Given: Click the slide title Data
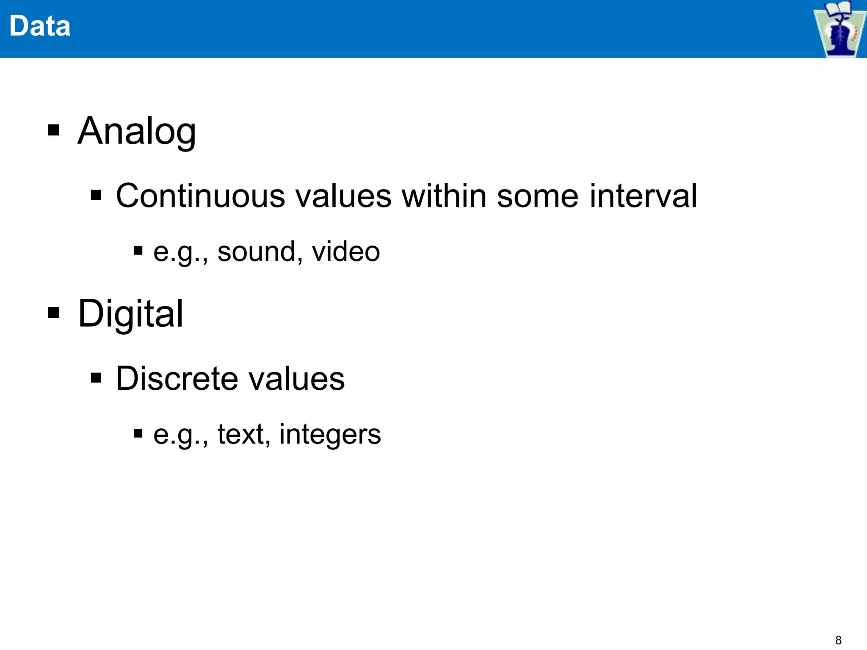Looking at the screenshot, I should point(40,26).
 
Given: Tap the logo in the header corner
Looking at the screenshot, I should point(839,29).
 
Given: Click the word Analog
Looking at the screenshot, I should point(137,131).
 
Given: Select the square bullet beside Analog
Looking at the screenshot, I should point(54,130).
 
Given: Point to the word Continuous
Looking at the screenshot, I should point(201,196).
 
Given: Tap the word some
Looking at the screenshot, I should point(537,196).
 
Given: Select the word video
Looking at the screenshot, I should point(346,252).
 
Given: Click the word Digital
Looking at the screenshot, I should point(131,314).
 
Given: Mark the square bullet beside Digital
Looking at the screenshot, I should point(54,313).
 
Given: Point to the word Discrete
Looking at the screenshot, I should point(177,378).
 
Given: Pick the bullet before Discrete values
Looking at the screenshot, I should point(96,377).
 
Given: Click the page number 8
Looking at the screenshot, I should point(838,640).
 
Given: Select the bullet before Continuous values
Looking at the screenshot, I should point(96,195).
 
